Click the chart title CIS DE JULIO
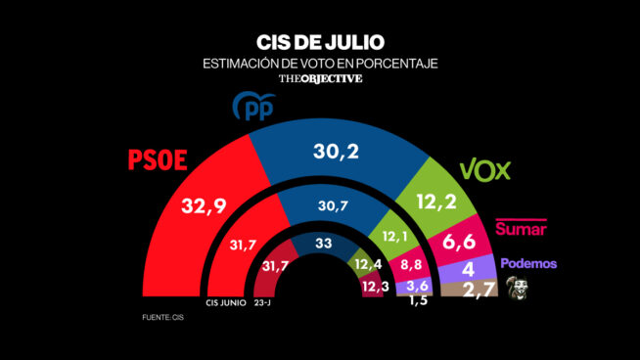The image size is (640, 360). pyautogui.click(x=320, y=42)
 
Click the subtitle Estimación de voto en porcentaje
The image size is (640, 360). pyautogui.click(x=320, y=64)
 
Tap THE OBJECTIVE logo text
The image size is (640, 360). pyautogui.click(x=320, y=79)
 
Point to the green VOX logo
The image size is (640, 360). pyautogui.click(x=485, y=170)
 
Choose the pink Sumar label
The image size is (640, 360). pyautogui.click(x=521, y=228)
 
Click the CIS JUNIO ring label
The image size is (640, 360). pyautogui.click(x=225, y=303)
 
